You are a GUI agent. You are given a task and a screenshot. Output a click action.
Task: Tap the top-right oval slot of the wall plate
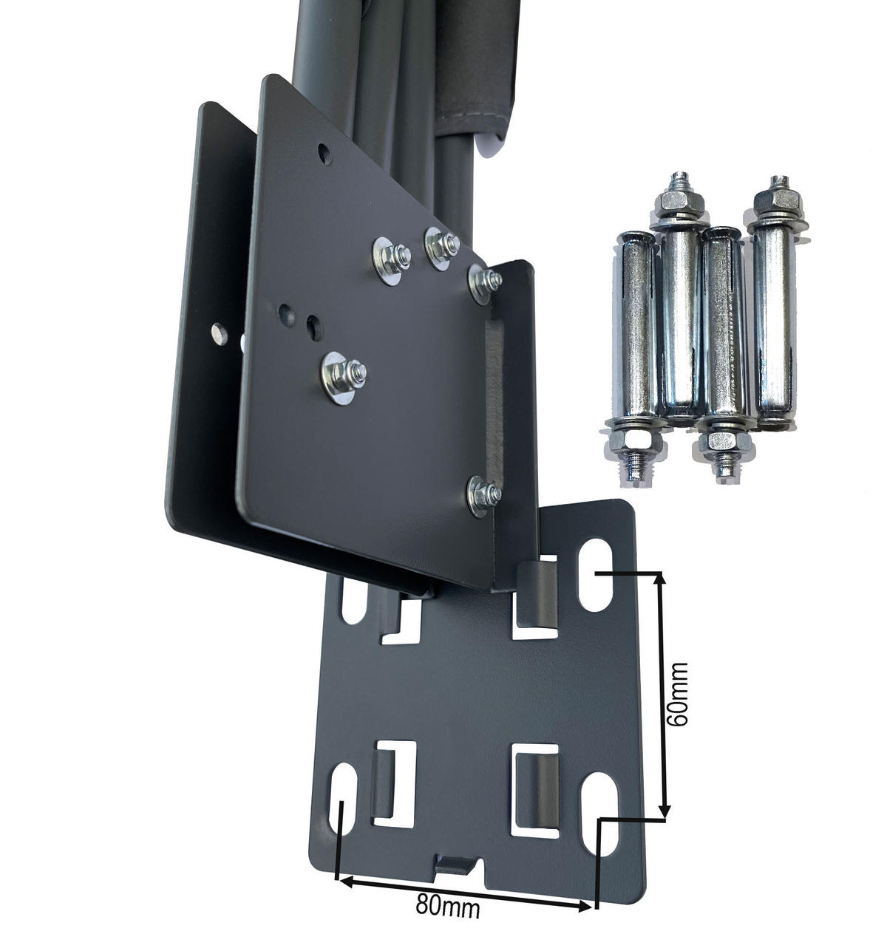(x=594, y=575)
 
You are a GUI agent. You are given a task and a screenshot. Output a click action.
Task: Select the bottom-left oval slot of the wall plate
(x=342, y=799)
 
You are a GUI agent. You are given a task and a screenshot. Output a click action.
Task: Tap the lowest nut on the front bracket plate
(x=484, y=496)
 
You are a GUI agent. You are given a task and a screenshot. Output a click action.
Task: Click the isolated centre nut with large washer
(x=343, y=377)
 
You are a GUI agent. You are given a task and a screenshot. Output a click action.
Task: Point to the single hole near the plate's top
(x=324, y=154)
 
